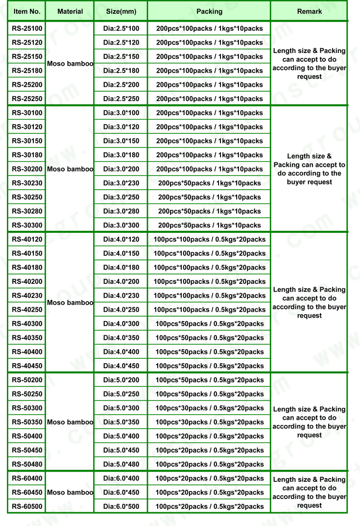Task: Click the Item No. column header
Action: point(26,11)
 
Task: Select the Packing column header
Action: point(209,11)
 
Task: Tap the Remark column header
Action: point(310,11)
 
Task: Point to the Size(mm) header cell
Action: point(121,11)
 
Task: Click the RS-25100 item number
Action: point(27,28)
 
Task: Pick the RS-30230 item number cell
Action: point(27,183)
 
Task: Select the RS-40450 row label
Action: point(27,366)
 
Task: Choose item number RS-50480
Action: point(27,464)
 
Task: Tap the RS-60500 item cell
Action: point(27,506)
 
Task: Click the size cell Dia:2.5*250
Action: point(121,99)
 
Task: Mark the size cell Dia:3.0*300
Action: point(121,225)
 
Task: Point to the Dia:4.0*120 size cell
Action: point(121,239)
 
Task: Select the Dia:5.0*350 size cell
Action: point(121,422)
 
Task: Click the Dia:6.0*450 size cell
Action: point(121,492)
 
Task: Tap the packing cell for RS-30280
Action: point(209,211)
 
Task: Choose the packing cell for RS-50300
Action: point(209,408)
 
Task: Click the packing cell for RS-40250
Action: point(209,310)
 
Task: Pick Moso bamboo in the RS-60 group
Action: point(70,492)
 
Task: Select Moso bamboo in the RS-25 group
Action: point(70,64)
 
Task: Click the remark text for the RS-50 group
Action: point(310,422)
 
